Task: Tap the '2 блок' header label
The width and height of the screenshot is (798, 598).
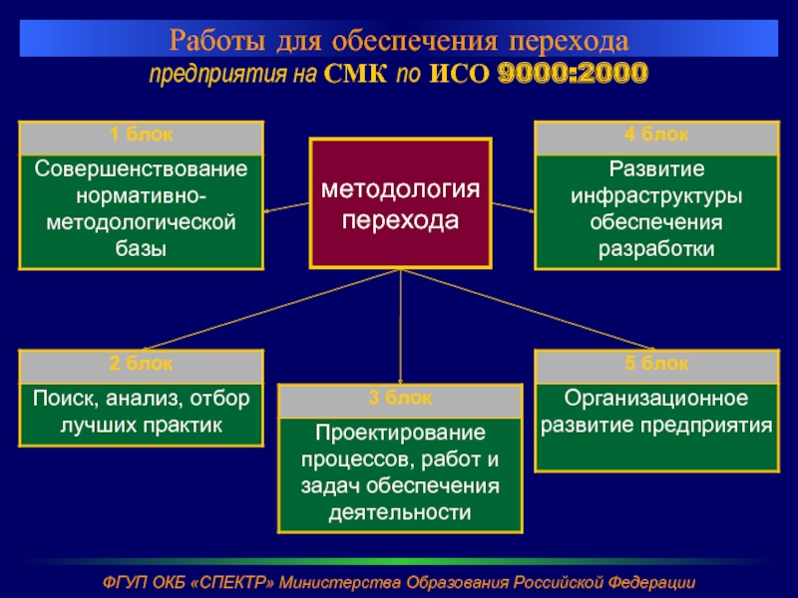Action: click(141, 364)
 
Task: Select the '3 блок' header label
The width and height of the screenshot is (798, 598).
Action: click(400, 399)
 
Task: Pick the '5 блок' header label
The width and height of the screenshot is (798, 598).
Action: click(656, 364)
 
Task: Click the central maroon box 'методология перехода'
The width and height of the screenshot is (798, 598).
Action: click(400, 203)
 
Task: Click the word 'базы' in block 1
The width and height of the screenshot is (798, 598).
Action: click(141, 247)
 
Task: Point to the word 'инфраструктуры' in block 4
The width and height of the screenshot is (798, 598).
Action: click(656, 193)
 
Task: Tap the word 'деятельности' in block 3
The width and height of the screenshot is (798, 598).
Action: click(400, 513)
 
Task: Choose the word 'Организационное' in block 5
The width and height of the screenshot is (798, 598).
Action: click(656, 399)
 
